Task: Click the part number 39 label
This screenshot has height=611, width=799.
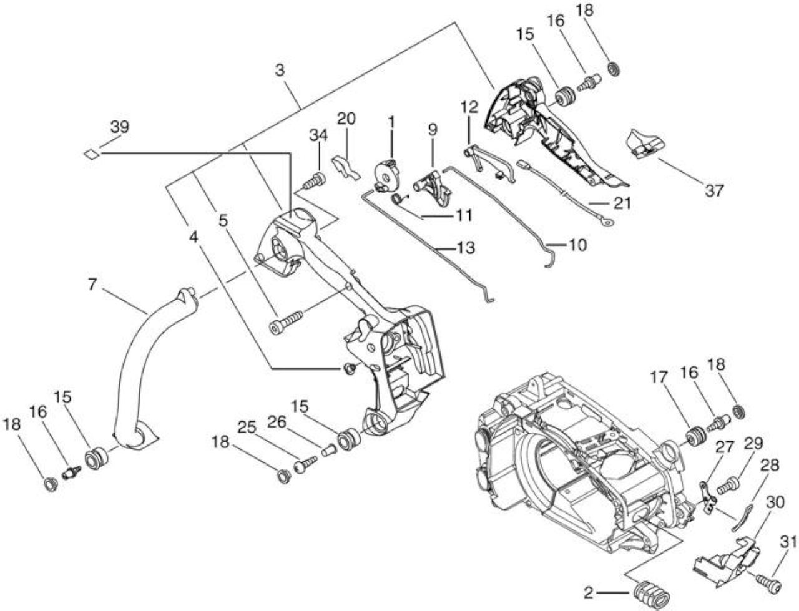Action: pyautogui.click(x=119, y=127)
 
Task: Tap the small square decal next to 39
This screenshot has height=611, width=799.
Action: pyautogui.click(x=91, y=154)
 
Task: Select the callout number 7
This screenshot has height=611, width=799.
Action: pyautogui.click(x=92, y=284)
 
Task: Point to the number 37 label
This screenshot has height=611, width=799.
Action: pyautogui.click(x=714, y=190)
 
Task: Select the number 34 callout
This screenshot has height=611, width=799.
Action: pyautogui.click(x=318, y=135)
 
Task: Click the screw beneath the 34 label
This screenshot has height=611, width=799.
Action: pyautogui.click(x=314, y=181)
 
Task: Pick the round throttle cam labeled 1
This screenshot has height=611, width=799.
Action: pyautogui.click(x=387, y=175)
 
